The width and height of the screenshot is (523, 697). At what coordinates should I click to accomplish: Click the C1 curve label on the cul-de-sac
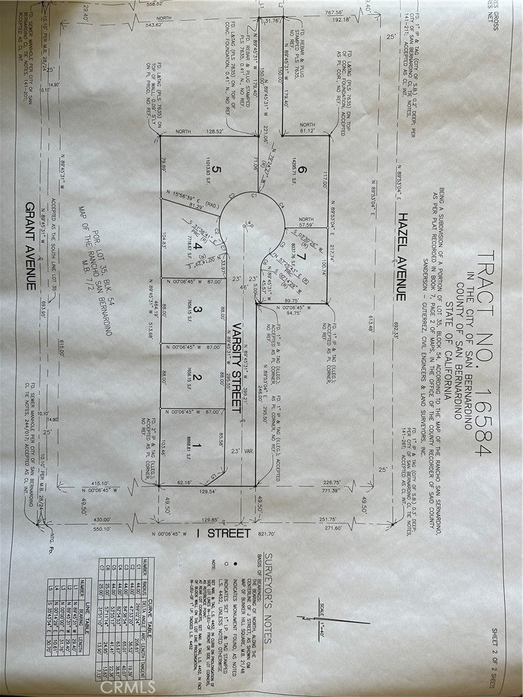coord(253,196)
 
